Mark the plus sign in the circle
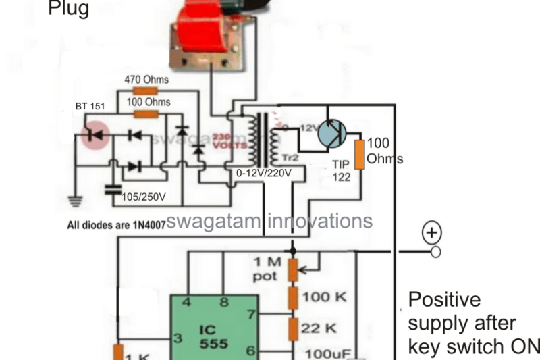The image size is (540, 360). [432, 233]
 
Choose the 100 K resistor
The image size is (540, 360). [293, 298]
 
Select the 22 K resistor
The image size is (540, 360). [293, 328]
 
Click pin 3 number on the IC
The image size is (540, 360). [178, 338]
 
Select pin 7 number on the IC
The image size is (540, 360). [251, 315]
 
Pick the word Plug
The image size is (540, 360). [68, 9]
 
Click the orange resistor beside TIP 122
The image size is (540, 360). [360, 155]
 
